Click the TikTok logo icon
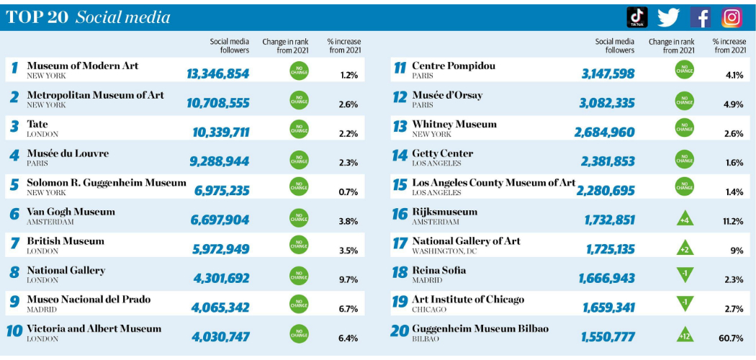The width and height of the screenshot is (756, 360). point(637,17)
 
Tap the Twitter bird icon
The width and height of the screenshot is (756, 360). point(668,17)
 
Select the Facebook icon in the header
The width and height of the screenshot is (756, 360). point(701,17)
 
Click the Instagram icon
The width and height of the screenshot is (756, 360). point(732,17)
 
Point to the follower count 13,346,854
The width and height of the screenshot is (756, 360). point(217,73)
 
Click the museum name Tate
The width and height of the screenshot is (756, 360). point(37,125)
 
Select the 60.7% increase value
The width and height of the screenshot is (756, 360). point(730,338)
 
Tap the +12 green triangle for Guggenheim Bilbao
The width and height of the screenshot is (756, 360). point(685,333)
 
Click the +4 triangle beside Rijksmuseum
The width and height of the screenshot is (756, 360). point(685,217)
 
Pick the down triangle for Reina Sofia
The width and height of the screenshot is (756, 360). point(685,274)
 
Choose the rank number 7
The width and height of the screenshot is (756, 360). point(14,244)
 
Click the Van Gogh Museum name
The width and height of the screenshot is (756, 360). point(71,212)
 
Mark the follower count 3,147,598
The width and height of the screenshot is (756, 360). point(608,73)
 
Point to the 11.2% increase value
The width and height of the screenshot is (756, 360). point(732,221)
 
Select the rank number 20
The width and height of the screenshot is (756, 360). point(400,332)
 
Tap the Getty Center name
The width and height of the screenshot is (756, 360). point(442,153)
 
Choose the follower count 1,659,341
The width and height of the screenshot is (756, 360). point(610,308)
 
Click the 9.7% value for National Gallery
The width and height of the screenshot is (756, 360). point(348,280)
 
